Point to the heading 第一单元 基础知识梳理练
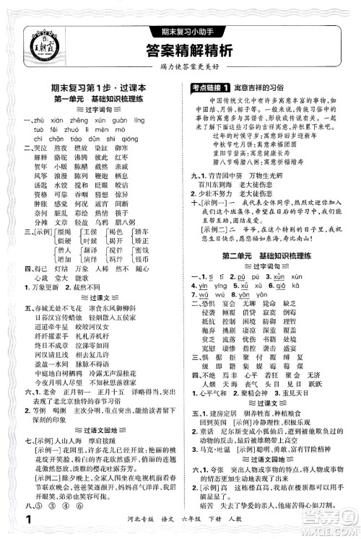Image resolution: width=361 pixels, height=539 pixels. pyautogui.click(x=90, y=97)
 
